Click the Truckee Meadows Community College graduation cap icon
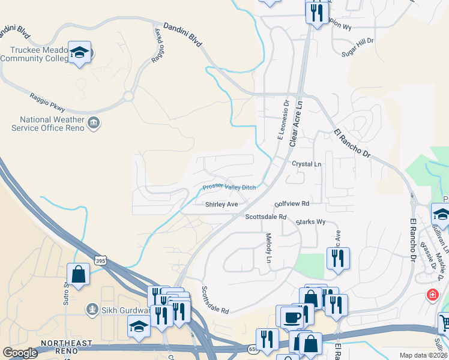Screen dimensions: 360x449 pos(79,52)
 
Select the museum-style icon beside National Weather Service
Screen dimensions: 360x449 pos(94,124)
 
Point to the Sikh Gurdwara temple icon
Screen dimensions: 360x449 pos(92,310)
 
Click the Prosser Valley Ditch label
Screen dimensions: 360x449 pos(229,187)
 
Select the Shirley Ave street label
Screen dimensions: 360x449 pos(221,205)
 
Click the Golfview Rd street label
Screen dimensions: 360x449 pos(292,204)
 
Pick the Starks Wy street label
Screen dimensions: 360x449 pos(312,222)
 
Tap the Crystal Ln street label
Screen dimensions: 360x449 pos(307,164)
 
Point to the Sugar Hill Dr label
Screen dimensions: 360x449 pos(358,41)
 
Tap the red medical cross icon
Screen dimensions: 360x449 pos(432,295)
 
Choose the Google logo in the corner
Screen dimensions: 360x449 pos(20,353)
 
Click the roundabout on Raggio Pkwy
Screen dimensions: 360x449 pos(128,96)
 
